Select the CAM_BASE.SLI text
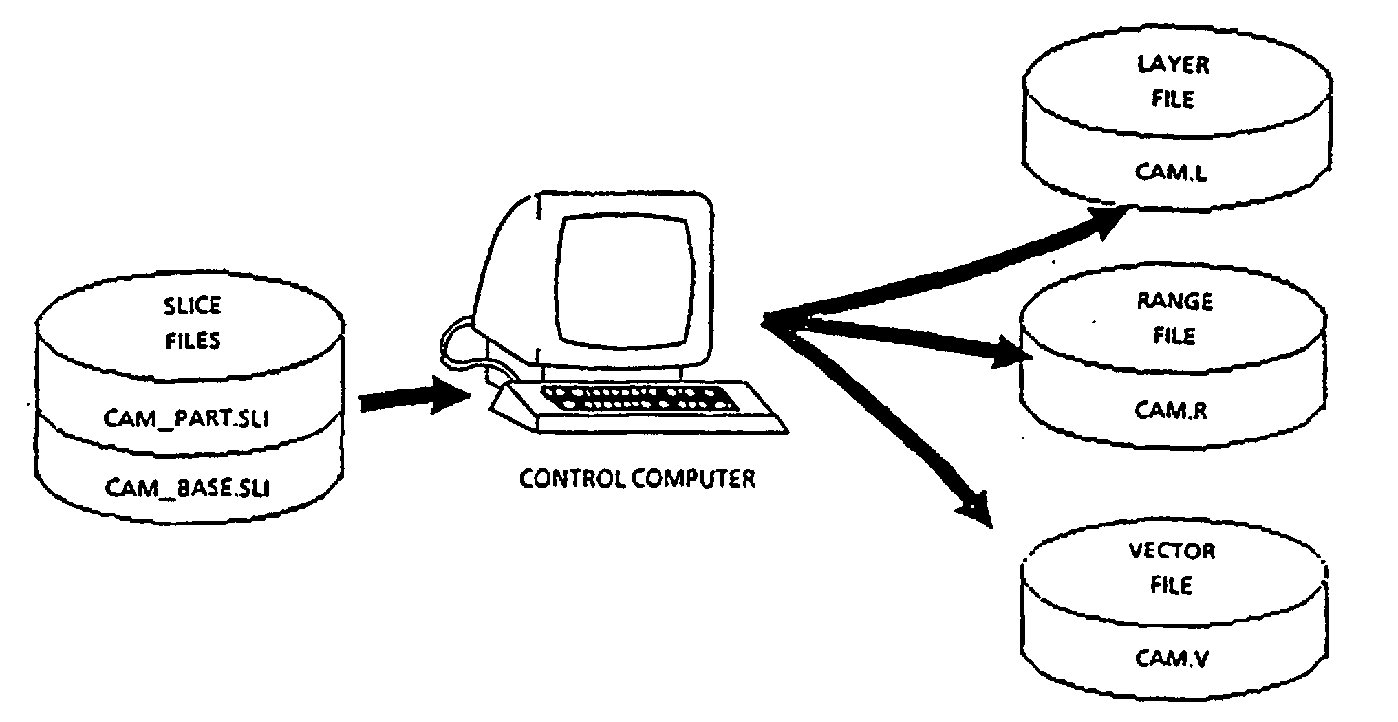187,488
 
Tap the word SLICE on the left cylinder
193,305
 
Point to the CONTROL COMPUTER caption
637,479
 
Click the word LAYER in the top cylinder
1173,65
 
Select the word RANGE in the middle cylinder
1174,301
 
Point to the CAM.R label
1170,411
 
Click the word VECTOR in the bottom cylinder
1172,551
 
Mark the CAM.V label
1172,658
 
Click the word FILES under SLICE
193,341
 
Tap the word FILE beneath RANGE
1174,336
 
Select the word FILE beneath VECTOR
1172,585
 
